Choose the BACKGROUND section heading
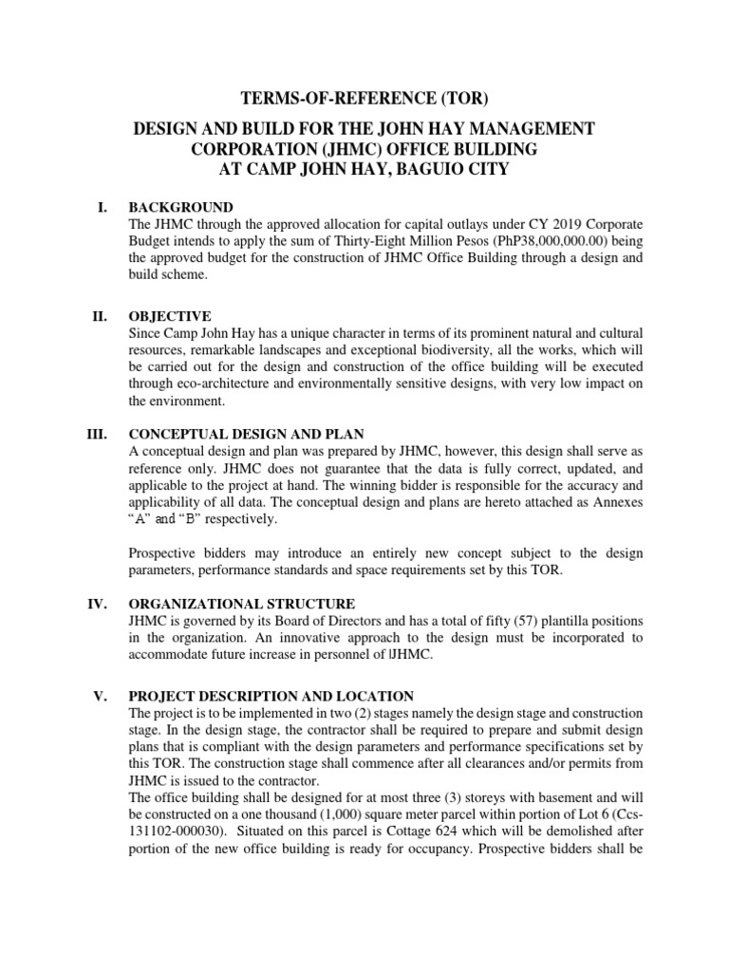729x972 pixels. point(181,208)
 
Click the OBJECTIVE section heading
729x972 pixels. point(170,316)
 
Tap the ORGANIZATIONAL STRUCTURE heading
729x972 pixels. point(242,604)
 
